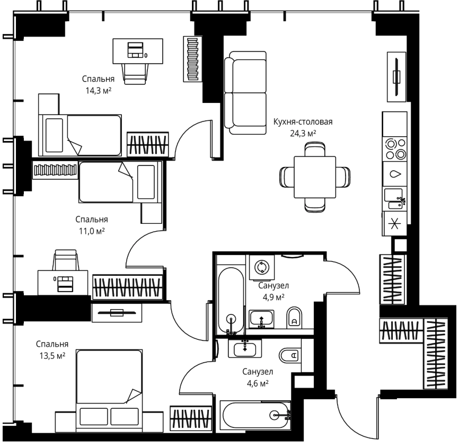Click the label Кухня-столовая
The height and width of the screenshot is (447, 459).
tap(303, 121)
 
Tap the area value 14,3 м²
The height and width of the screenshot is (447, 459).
tap(99, 91)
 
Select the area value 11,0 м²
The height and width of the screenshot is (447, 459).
tap(92, 231)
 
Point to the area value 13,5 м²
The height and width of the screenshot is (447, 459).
tap(52, 356)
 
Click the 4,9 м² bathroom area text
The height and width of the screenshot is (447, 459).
tap(273, 297)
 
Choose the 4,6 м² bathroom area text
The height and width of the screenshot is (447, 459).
tap(258, 383)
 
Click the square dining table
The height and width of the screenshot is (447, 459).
tap(315, 177)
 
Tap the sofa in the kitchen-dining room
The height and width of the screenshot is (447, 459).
tap(245, 93)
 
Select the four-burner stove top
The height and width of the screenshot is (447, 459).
tap(395, 149)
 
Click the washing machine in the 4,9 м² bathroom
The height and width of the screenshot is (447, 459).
tap(262, 267)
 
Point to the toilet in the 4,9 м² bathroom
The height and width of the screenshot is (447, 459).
tap(294, 318)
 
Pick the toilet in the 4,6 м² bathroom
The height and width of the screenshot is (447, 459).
tap(290, 356)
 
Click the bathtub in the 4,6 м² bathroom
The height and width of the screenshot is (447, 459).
tap(255, 416)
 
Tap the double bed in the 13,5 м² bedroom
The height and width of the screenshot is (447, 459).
tap(109, 391)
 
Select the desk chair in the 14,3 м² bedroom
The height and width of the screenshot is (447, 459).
tap(135, 74)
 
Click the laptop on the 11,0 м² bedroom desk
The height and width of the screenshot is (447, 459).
tap(65, 284)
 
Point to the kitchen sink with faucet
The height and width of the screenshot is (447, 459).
tap(395, 199)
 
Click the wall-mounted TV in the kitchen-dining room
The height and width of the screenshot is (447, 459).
tap(396, 77)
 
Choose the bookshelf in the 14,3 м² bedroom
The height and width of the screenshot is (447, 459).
tap(192, 59)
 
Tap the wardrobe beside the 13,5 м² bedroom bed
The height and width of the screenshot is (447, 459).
tap(191, 418)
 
